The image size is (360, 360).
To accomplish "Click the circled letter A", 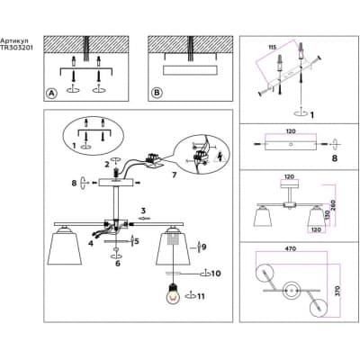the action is pos(51,94).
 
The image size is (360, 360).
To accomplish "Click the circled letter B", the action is pos(157,93).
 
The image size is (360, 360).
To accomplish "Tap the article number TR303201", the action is pos(16,48).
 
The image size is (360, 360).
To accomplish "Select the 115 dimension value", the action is pos(272,47).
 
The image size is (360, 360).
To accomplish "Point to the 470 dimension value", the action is pos(291,248).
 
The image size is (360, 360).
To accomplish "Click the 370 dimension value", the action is pos(337,290).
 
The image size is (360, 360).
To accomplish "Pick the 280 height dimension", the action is pos(335,205).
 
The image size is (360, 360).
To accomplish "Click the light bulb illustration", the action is pos(173,293).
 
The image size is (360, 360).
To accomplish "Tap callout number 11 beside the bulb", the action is pos(201,296).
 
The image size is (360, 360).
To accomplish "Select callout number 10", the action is pos(216,274).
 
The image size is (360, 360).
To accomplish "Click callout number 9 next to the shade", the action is pos(204,247).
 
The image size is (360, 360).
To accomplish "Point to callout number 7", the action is pos(174,175).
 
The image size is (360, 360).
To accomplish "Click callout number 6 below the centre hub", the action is pos(118,264).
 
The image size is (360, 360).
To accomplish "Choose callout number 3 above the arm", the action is pos(143,210).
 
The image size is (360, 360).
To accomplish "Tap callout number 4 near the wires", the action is pos(91,243).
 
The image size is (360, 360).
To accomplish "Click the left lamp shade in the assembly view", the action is pos(65,247).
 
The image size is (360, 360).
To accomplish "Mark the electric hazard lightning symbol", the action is pos(220,157).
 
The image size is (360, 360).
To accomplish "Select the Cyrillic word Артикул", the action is pos(11,40).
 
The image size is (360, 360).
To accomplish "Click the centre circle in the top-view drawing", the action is pos(291,291).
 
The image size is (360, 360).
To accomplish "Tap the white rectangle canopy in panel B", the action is pos(190,70).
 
